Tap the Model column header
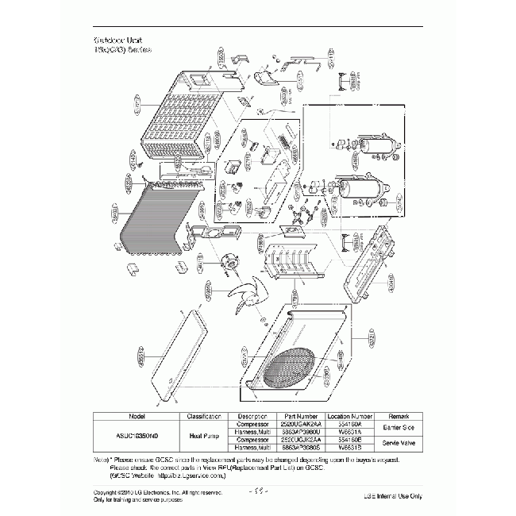click(135, 415)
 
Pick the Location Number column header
click(350, 415)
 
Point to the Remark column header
click(399, 415)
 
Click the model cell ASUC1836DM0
click(135, 435)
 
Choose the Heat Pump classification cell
click(203, 435)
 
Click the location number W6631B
click(350, 447)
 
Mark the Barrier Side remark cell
click(399, 426)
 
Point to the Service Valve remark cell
click(399, 442)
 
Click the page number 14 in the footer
click(259, 492)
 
